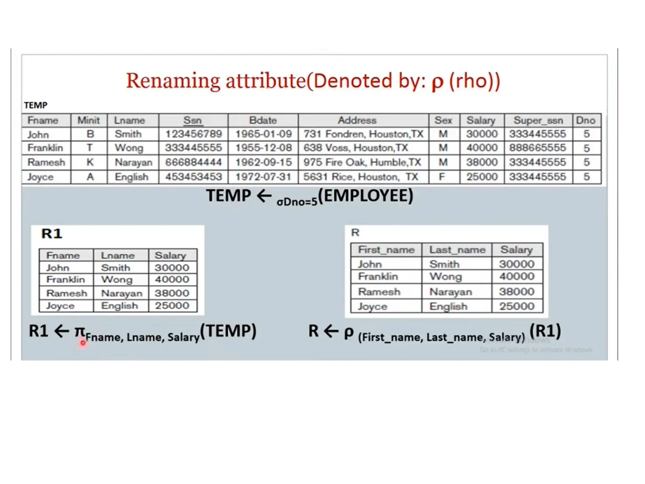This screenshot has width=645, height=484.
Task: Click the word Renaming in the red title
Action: point(173,81)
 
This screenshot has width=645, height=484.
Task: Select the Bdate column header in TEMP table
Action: point(263,120)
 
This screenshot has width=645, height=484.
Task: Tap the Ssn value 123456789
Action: point(193,134)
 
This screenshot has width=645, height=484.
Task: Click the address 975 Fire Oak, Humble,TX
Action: point(362,162)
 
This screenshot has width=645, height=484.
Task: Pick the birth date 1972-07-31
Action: point(263,177)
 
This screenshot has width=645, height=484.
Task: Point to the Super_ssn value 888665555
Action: point(538,148)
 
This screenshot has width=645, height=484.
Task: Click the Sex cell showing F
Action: point(442,177)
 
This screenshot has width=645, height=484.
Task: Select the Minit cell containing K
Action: point(90,162)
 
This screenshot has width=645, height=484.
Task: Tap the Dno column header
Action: point(585,120)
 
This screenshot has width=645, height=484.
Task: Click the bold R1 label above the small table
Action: point(52,234)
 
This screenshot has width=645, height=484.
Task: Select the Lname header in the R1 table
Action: point(118,255)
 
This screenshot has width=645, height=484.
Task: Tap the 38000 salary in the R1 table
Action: point(172,293)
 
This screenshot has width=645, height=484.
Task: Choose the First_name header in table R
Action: point(386,250)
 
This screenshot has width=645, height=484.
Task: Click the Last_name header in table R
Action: point(457,250)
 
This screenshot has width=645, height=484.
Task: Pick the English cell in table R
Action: point(448,306)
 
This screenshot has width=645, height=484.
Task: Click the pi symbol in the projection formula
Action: point(80,331)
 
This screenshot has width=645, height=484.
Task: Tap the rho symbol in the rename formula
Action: point(348,332)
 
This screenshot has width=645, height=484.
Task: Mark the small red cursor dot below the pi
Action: point(83,343)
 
